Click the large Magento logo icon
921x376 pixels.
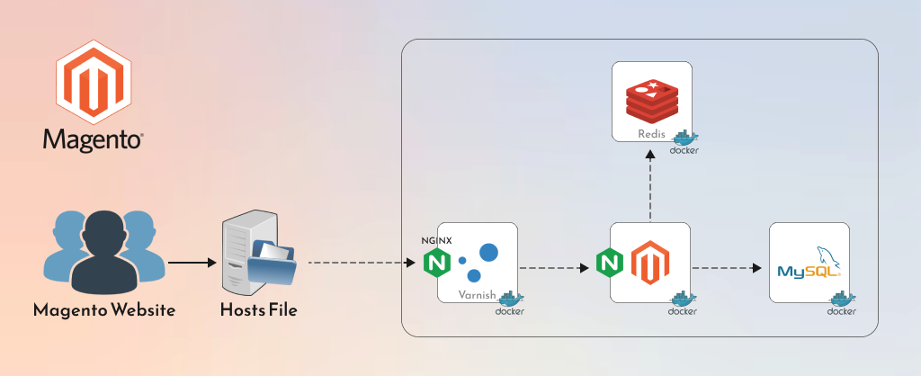point(94,85)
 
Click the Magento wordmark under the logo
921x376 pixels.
point(94,140)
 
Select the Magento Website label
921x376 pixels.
point(104,311)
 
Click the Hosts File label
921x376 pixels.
point(258,311)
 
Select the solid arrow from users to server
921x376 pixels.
point(192,264)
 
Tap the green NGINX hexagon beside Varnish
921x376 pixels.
point(437,263)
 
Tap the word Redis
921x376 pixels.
point(652,133)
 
